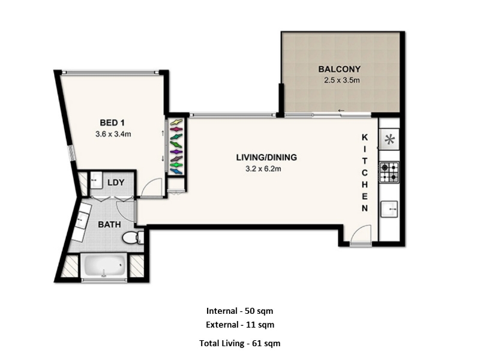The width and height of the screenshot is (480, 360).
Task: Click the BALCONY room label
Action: coord(339,69)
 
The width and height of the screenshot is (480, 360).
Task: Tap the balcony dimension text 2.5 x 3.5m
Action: coord(341,80)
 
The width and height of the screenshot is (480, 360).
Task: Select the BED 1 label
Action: coord(112,123)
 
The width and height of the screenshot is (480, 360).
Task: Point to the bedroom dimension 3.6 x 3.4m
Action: coord(113,134)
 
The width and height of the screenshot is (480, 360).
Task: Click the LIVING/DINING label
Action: coord(266,157)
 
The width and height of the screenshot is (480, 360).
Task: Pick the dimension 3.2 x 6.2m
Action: coord(263,169)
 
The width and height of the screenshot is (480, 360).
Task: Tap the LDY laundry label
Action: coord(116,182)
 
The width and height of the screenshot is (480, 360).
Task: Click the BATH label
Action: coord(109,224)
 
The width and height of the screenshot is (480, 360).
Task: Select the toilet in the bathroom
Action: coord(133,238)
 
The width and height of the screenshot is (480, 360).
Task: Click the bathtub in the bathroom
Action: coord(104,265)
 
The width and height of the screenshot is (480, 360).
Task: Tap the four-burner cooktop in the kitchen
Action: coord(389,172)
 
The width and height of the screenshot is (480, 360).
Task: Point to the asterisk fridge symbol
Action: coord(389,140)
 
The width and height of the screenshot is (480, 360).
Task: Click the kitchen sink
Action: coord(389,209)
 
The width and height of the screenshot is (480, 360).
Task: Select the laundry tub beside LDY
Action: coord(96,180)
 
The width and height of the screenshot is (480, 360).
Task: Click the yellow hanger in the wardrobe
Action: coord(176,122)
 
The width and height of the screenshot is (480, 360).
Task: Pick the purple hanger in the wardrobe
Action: coord(176,152)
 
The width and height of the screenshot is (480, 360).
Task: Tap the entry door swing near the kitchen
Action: coord(361,235)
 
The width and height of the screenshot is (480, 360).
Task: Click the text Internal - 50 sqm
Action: coord(239,311)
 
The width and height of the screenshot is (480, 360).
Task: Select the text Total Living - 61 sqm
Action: coord(239,343)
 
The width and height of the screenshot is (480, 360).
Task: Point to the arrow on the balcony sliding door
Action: coord(341,110)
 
